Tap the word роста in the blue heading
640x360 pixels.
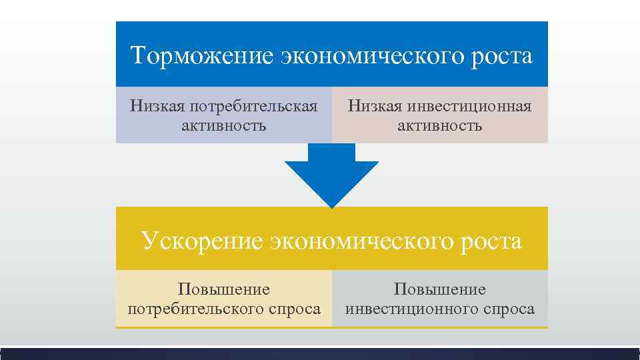pos(501,56)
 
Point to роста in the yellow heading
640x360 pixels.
pos(491,241)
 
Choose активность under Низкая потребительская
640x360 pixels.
pos(223,125)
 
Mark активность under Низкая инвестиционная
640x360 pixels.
pos(440,125)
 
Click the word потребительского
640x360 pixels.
pos(197,309)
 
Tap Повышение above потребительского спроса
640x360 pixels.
pos(223,289)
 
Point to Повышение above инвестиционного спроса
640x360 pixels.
pos(440,289)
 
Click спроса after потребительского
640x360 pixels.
pos(295,309)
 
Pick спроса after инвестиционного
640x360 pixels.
pos(510,309)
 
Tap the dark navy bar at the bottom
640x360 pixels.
pos(320,354)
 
